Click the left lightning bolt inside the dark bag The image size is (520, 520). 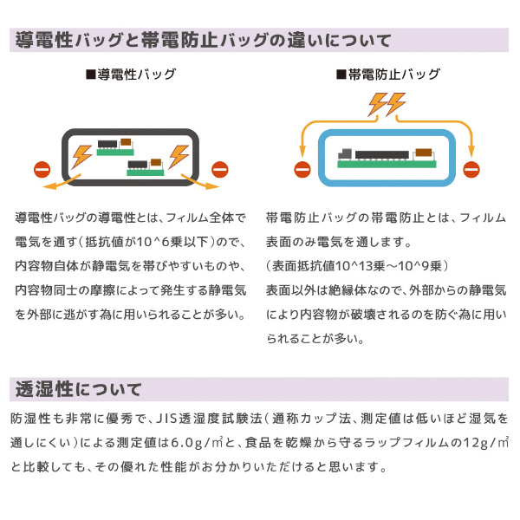click(81, 157)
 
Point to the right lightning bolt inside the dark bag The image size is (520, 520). click(179, 157)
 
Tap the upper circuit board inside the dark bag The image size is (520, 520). click(114, 145)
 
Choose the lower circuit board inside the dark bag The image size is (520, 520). click(145, 166)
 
